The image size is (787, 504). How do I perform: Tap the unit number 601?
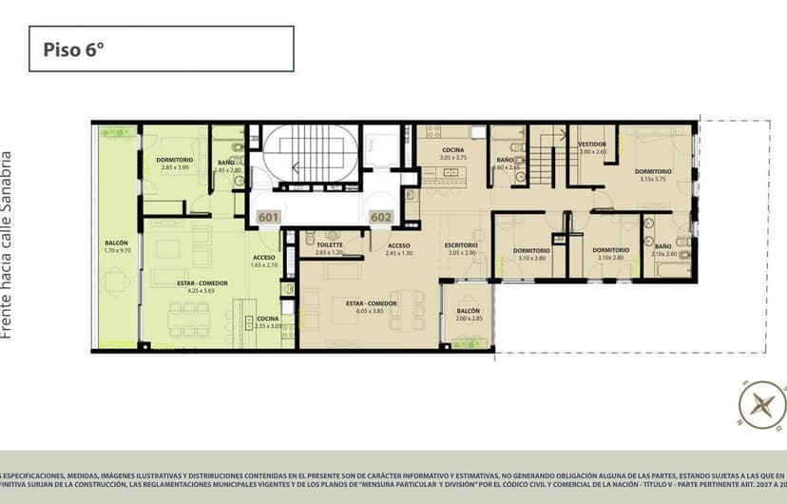[x=268, y=218]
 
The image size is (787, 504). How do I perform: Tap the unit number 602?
[x=381, y=218]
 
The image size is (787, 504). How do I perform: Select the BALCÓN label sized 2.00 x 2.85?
[x=467, y=312]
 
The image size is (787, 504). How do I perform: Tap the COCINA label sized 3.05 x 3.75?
[x=451, y=151]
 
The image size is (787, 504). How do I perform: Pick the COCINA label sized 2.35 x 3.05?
[x=267, y=319]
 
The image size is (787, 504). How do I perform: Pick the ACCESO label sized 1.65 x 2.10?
[x=264, y=258]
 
